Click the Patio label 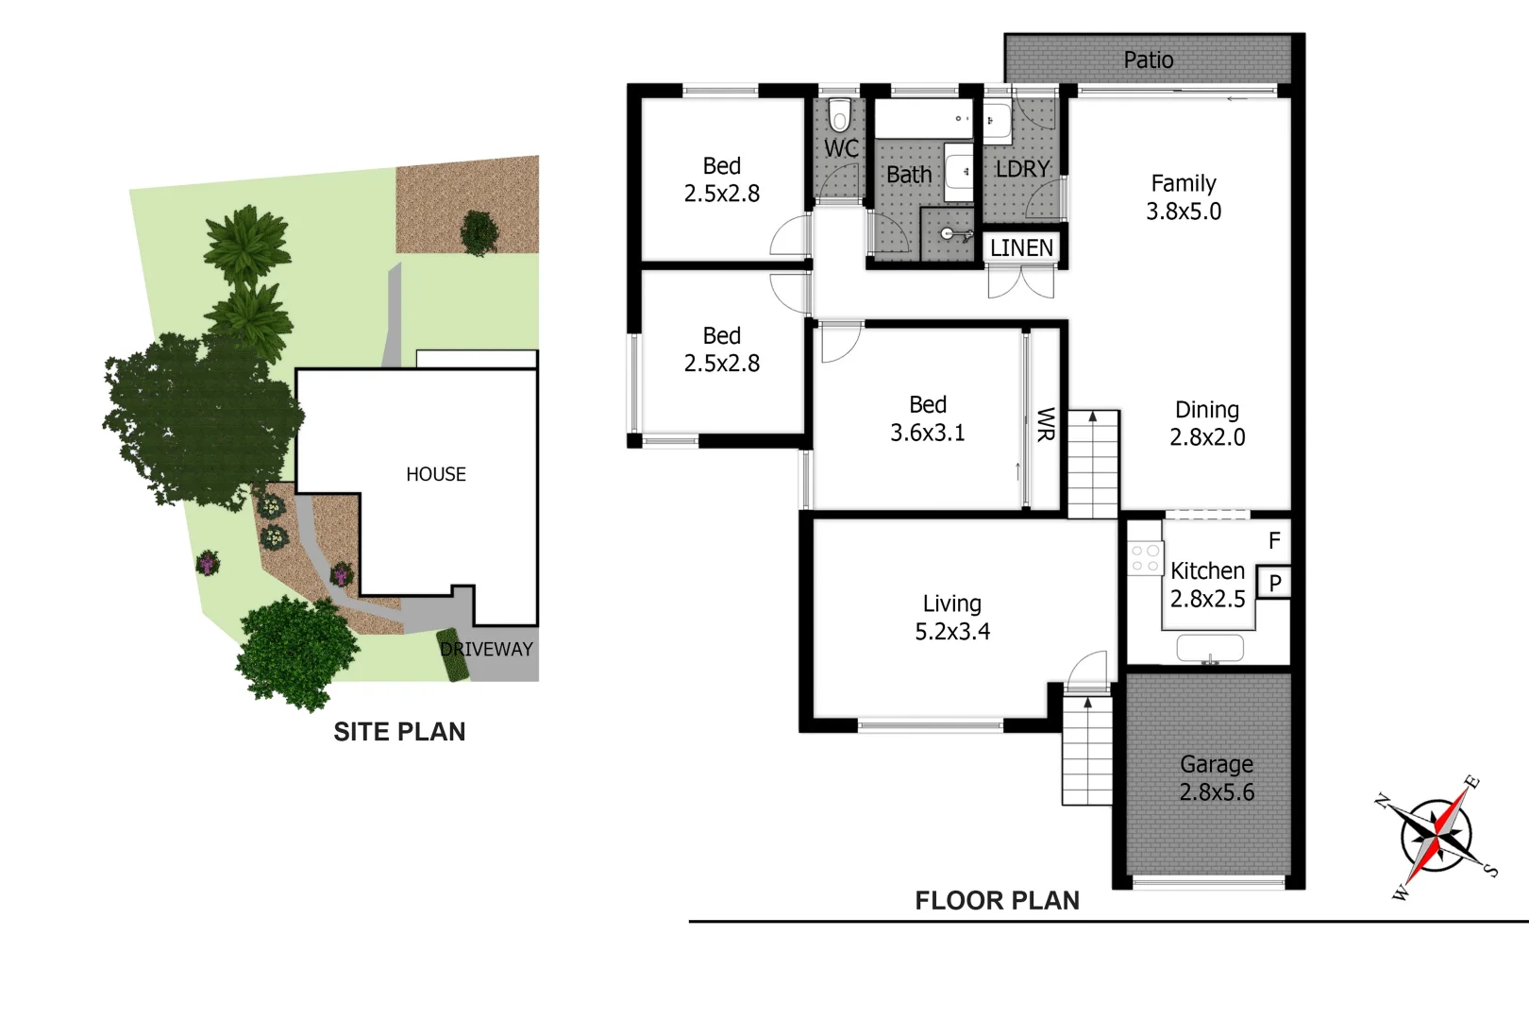[1148, 59]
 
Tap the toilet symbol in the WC [839, 116]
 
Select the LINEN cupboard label [1021, 247]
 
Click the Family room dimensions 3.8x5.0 [1184, 212]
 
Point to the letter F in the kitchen [1274, 540]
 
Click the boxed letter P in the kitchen [1274, 583]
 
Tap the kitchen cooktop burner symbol [1145, 558]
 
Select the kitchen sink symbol [1210, 648]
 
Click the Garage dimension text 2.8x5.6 [1217, 792]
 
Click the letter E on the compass [1471, 782]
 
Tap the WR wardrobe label [1046, 424]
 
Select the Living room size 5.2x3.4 [952, 632]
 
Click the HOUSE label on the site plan [436, 474]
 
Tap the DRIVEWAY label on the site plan [487, 649]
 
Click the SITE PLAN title [399, 732]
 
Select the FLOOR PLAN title [997, 901]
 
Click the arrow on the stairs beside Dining [1093, 416]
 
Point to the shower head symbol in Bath [949, 233]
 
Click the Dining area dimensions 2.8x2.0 [1207, 437]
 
